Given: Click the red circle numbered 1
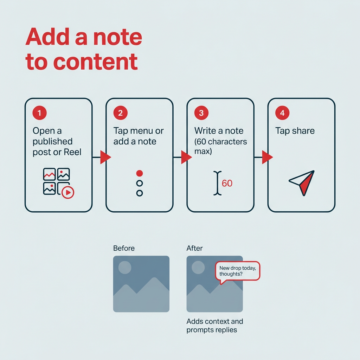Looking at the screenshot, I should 40,113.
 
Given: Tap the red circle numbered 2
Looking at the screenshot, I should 121,113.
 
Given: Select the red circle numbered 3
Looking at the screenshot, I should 201,113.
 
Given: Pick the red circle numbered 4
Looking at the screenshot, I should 282,113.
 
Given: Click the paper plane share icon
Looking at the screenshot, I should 302,182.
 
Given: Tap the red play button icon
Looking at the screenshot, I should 68,192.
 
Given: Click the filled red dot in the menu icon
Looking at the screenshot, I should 140,173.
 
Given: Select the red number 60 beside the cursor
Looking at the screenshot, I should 227,183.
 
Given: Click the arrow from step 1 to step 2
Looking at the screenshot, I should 105,157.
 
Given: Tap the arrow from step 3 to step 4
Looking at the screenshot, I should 267,157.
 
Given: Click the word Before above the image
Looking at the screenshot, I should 124,248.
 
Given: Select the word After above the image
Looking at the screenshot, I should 194,248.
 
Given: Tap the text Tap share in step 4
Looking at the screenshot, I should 295,131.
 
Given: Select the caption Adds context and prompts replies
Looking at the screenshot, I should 214,326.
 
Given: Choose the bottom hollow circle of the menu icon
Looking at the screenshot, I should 140,193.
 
